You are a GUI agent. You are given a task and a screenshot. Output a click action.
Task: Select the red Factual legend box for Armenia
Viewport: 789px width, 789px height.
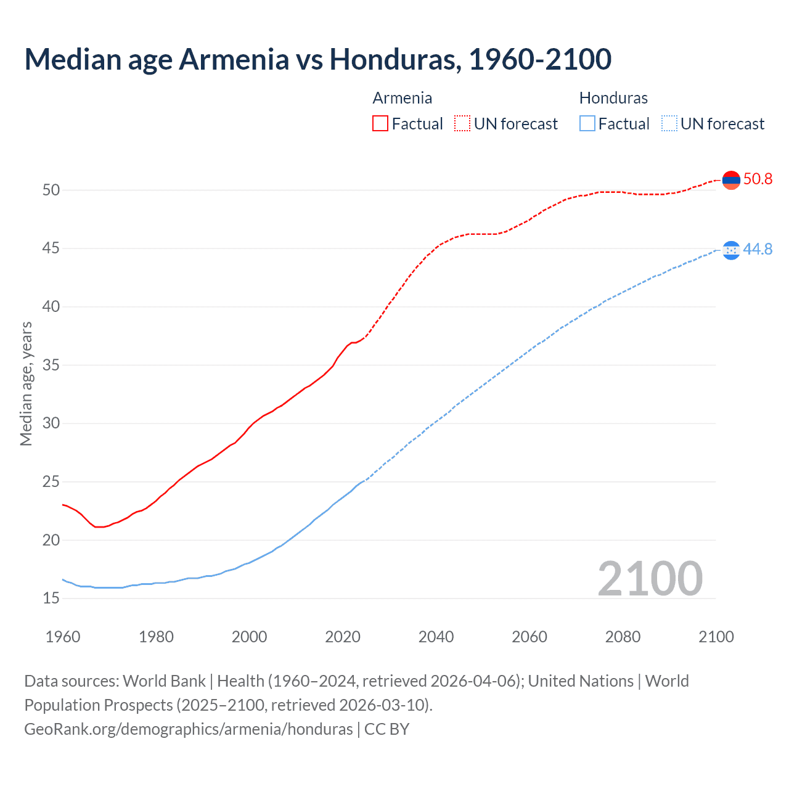click(380, 123)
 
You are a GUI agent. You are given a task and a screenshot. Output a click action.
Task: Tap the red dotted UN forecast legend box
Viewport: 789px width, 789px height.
click(462, 123)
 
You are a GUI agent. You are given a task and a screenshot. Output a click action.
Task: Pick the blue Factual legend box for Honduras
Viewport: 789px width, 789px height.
click(587, 123)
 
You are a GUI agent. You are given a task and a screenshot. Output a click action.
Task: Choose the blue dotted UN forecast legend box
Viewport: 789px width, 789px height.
click(669, 123)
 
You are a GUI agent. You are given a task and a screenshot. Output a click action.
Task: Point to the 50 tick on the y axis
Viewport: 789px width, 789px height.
click(51, 190)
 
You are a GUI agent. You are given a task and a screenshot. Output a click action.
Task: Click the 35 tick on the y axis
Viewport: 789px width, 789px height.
click(51, 365)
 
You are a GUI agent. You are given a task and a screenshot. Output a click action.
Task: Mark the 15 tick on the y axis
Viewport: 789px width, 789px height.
click(51, 598)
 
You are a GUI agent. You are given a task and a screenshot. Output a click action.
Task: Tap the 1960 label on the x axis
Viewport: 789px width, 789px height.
click(63, 637)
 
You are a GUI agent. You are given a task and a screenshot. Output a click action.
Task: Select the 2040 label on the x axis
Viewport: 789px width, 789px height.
click(436, 637)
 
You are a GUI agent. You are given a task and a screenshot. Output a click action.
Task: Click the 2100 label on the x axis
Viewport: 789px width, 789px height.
click(716, 637)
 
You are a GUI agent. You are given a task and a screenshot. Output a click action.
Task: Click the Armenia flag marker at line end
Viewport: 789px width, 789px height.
click(730, 180)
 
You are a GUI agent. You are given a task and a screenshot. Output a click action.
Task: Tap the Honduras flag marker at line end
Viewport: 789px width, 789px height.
click(730, 250)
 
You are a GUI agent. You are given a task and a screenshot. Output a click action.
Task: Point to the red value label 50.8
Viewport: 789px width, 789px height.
click(758, 179)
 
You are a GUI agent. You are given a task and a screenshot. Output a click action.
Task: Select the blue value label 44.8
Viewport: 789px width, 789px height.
click(758, 249)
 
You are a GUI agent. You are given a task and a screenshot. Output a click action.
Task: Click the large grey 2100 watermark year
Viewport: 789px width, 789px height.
click(650, 578)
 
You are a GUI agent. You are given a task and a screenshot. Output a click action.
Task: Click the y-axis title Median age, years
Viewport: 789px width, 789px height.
click(26, 383)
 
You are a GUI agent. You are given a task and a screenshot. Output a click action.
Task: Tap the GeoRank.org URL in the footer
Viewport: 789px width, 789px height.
click(188, 729)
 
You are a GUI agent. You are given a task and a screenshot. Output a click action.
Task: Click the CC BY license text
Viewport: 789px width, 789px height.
click(386, 729)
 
